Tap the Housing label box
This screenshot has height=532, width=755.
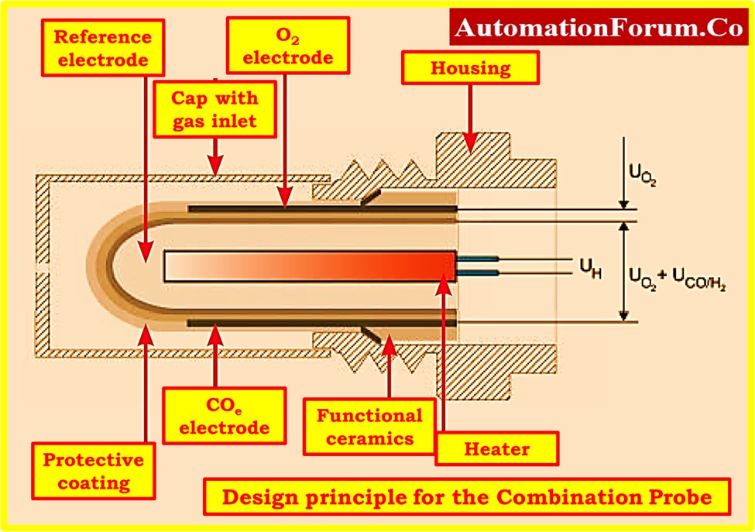tap(470, 68)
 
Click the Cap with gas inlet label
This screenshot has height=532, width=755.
tap(214, 111)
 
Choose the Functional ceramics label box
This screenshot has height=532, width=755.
tap(369, 427)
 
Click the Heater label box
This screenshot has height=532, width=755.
tap(496, 448)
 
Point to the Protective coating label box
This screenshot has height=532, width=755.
tap(92, 472)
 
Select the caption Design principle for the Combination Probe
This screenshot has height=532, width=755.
tap(466, 497)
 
